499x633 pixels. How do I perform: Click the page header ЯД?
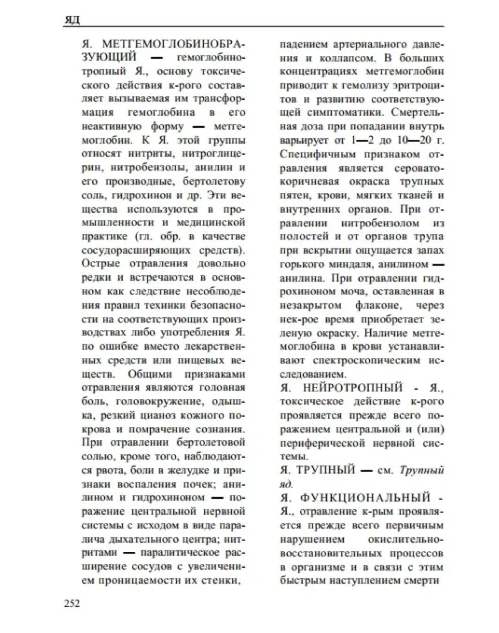coord(72,20)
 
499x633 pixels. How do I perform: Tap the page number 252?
coord(72,604)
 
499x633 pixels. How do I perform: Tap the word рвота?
coord(105,470)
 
